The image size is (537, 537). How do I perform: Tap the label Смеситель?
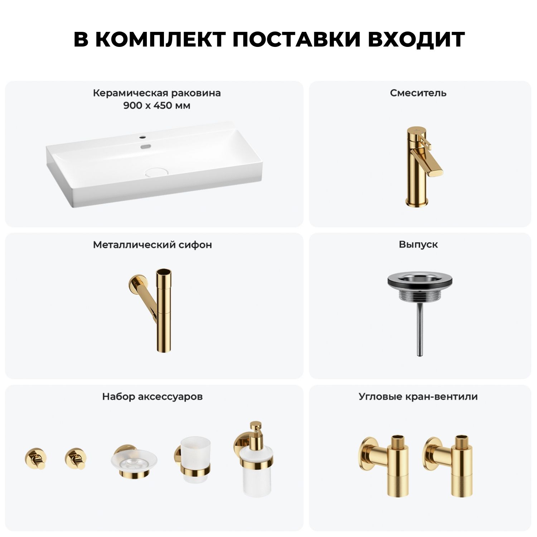pos(418,93)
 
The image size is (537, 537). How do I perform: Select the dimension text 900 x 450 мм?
pos(157,106)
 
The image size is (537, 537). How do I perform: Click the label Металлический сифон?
pos(153,245)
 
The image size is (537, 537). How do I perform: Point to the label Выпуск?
pos(418,245)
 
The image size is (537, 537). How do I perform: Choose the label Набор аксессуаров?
pos(153,397)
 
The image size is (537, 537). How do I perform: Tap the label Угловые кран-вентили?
pos(418,397)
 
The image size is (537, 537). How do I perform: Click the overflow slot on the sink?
pos(145,146)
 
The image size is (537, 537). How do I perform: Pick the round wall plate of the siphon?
pos(136,283)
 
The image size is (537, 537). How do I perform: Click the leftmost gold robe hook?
pos(35,458)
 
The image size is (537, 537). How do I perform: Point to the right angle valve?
pos(447,465)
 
